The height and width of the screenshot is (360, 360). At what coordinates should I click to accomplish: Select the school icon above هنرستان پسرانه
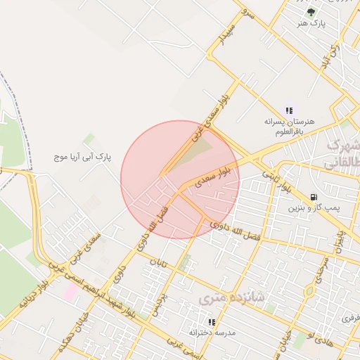289,110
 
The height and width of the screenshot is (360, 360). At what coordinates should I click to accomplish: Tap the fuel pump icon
313,197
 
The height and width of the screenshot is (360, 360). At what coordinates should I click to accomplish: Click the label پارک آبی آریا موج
83,156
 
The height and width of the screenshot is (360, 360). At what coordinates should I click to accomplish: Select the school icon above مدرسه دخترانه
212,321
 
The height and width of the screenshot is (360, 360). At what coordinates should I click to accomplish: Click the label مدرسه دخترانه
212,332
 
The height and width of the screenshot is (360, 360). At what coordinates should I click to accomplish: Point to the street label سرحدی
324,268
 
